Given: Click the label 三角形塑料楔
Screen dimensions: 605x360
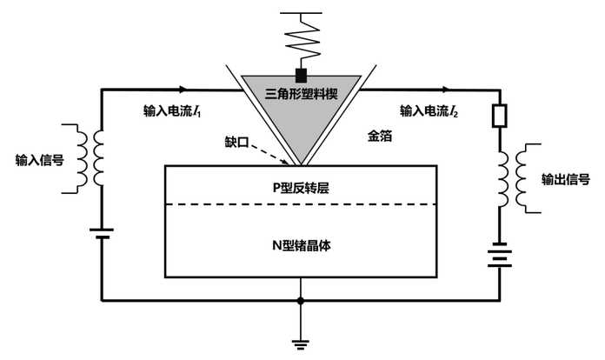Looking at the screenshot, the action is (x=302, y=94).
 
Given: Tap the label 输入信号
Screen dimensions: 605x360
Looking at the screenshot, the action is (x=40, y=160).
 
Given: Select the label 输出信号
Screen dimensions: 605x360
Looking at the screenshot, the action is (x=565, y=179).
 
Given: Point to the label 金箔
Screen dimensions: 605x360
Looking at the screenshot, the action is (x=380, y=136).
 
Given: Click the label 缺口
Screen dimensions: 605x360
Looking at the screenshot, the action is (x=236, y=142).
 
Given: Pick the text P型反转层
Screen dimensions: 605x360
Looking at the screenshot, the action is (x=301, y=188).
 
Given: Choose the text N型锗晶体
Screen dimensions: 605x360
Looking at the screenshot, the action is (x=302, y=245).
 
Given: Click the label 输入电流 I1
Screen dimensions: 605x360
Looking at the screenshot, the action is (x=172, y=111).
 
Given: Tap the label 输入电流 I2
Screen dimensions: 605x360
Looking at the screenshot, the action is (x=429, y=111).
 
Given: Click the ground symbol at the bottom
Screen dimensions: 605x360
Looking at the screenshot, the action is (x=301, y=344).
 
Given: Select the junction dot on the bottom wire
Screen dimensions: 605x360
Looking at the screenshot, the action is (x=301, y=301).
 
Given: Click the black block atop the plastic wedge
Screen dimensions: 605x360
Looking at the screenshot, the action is (x=301, y=76).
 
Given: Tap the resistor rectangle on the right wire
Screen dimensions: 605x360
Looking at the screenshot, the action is (x=499, y=116).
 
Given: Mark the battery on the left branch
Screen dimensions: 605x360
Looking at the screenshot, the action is (x=102, y=233).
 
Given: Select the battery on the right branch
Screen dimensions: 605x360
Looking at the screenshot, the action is (x=499, y=255).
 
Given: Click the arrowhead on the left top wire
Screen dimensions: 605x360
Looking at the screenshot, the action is (x=183, y=90).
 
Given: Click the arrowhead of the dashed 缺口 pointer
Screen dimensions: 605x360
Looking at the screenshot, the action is (x=285, y=162).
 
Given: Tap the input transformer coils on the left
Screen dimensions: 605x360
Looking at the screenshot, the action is (x=90, y=158).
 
